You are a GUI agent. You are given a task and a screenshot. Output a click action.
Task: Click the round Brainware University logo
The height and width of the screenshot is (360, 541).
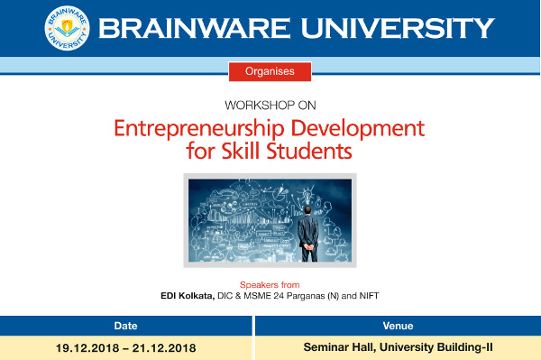67,28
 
